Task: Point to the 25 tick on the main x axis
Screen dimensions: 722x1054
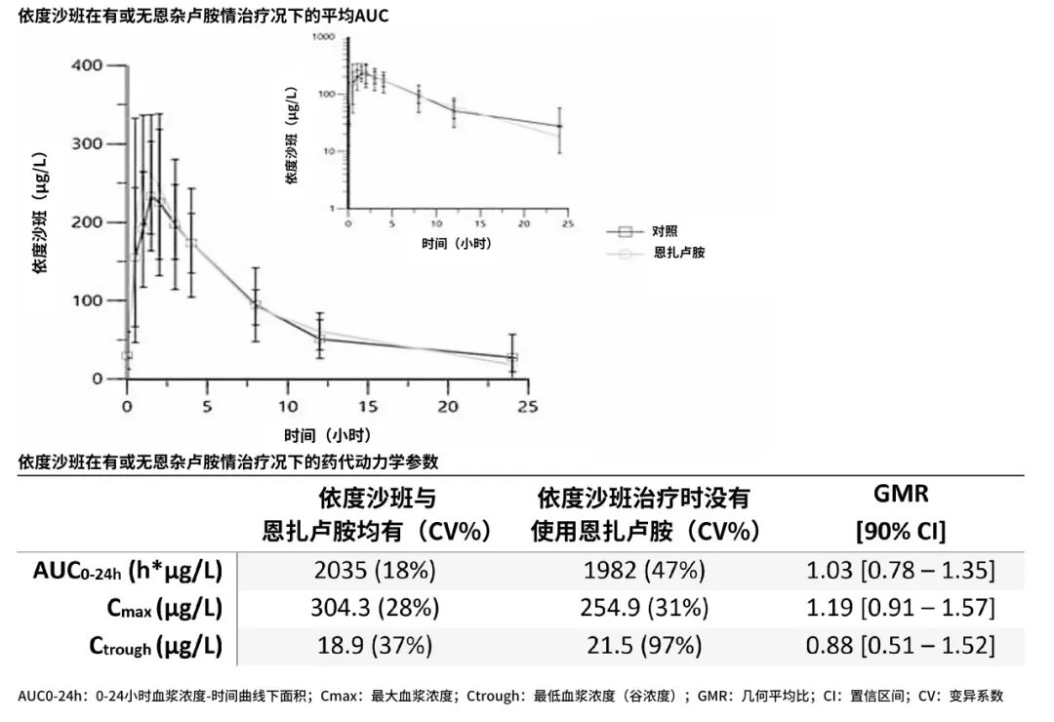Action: pos(527,405)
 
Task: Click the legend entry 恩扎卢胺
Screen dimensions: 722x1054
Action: pos(679,253)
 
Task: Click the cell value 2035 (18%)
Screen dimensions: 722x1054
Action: pos(375,570)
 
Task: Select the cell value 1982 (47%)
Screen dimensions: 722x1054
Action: pos(644,570)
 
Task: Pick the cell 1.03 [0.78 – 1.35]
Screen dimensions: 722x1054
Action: pos(901,570)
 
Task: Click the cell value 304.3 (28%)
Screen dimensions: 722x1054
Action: pos(375,608)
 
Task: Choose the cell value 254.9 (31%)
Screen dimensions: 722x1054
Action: pos(644,608)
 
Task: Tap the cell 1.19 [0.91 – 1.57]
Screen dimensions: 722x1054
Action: pos(901,608)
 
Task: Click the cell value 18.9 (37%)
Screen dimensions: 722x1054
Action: pos(375,645)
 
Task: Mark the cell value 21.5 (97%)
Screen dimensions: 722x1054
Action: pos(644,645)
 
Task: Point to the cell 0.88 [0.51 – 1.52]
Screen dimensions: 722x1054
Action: pos(901,645)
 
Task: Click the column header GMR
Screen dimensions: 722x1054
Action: pos(901,495)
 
